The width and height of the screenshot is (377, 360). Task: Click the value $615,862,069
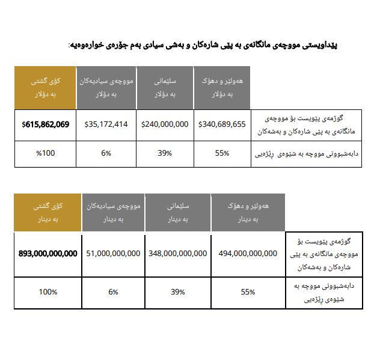(x=45, y=125)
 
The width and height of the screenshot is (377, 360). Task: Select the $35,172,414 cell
(x=106, y=125)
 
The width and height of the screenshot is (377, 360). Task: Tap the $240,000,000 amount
(x=165, y=125)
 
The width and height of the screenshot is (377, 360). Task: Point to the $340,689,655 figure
(x=222, y=125)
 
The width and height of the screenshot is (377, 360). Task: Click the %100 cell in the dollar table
(x=45, y=153)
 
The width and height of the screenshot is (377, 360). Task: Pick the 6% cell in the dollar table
(x=106, y=153)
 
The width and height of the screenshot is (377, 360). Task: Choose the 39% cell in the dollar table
(x=165, y=153)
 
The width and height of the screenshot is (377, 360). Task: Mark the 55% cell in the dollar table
(x=222, y=153)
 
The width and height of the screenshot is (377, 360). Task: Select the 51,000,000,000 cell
(x=113, y=254)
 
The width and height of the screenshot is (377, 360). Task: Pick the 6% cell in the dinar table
(x=113, y=292)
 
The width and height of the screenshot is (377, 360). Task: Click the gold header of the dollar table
(x=45, y=88)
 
